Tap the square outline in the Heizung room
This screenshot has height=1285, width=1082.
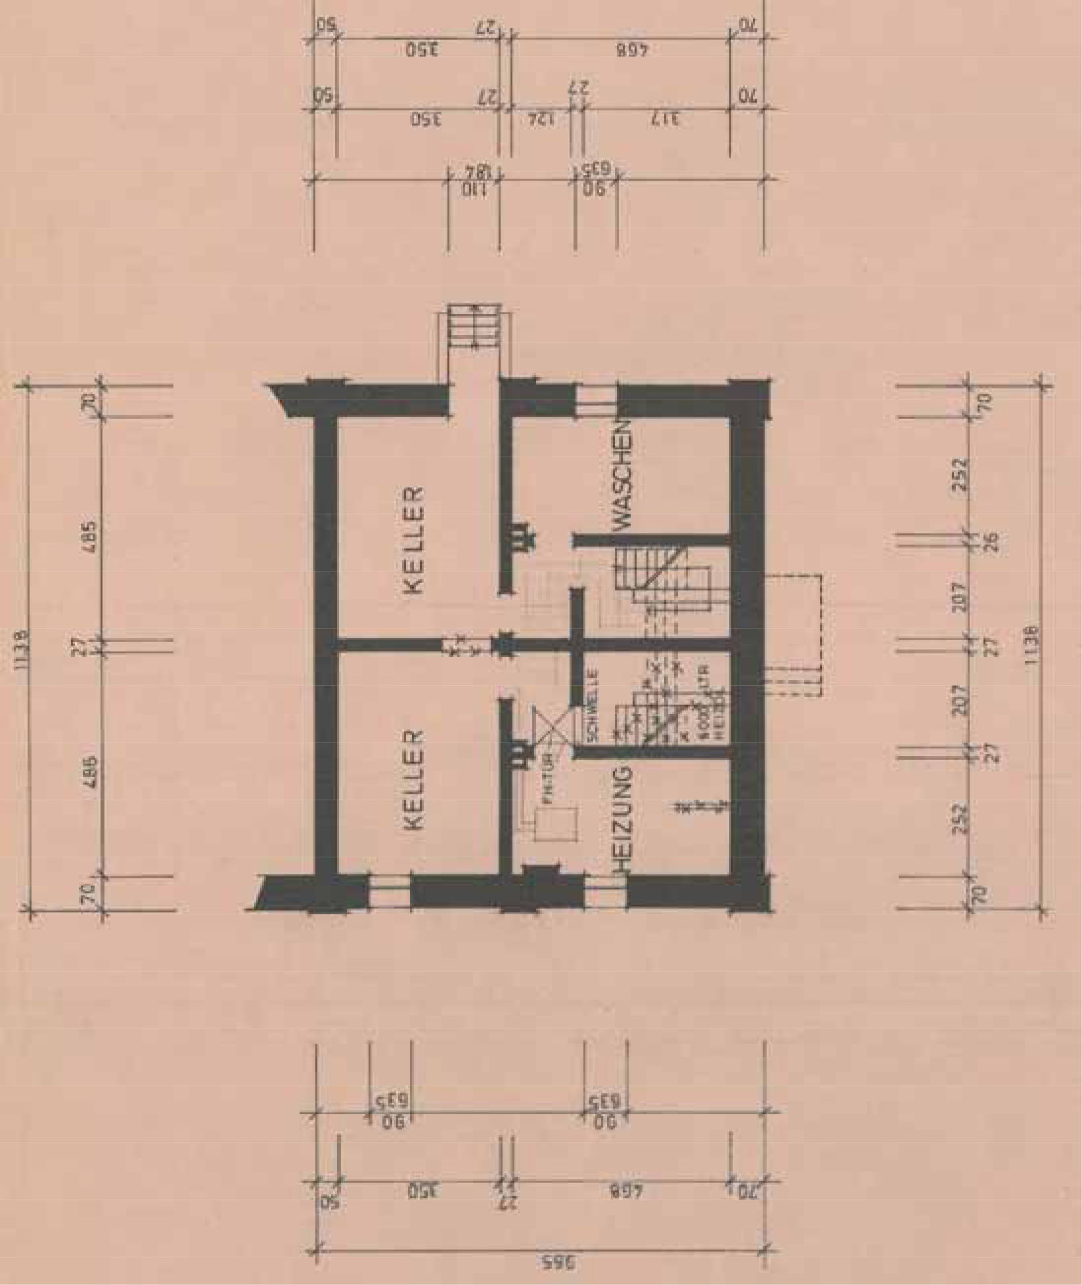point(556,824)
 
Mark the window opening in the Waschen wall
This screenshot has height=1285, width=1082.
point(597,401)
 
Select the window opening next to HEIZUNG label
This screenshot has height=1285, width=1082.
point(604,892)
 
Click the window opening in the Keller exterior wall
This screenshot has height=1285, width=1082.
point(389,892)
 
